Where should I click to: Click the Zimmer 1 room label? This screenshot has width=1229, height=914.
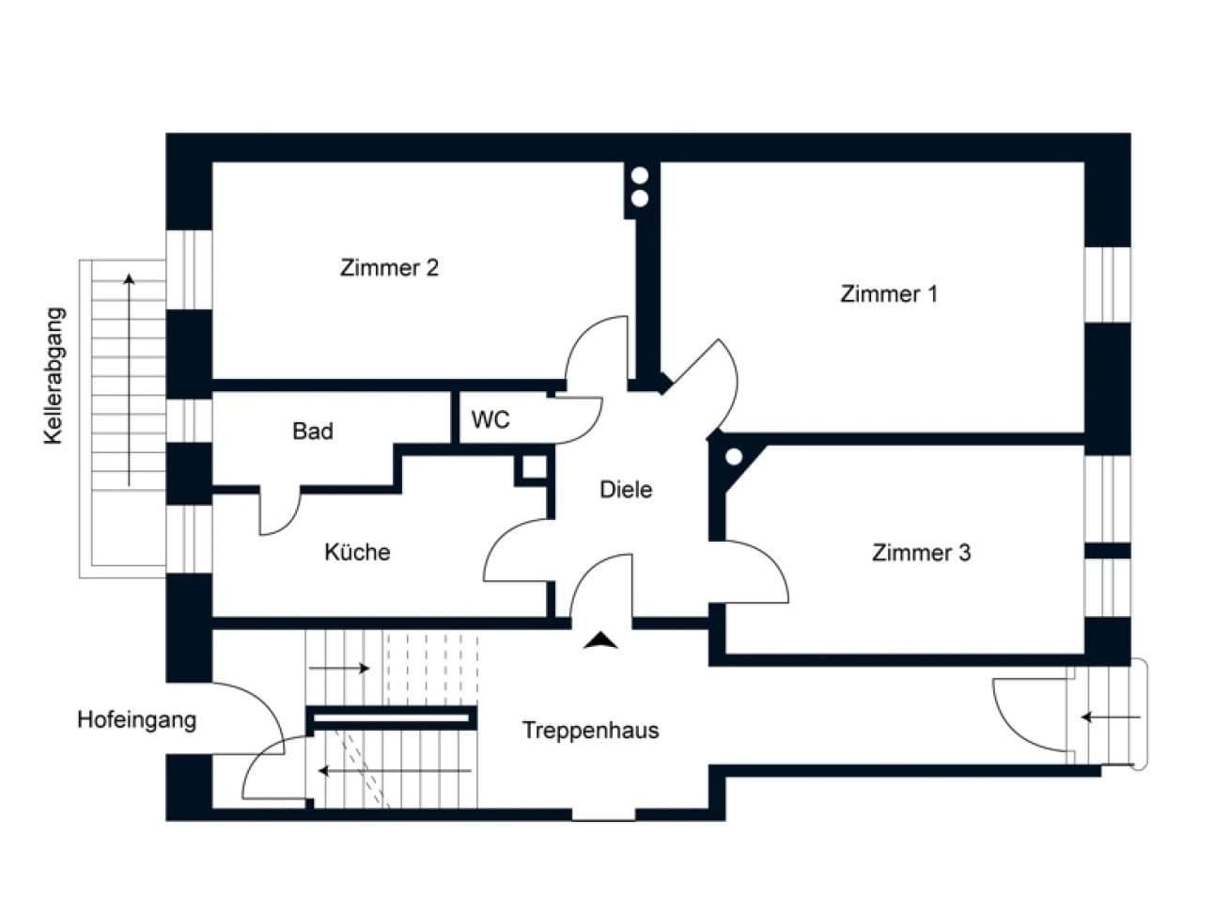[x=888, y=294]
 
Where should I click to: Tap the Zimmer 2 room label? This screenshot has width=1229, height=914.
[x=389, y=268]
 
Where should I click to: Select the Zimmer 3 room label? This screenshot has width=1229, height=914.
[x=921, y=553]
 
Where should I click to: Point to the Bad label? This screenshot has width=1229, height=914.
[x=313, y=432]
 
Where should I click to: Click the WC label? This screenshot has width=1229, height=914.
[x=490, y=420]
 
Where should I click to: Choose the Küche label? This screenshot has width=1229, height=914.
[x=357, y=552]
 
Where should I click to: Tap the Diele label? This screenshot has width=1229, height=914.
[x=626, y=490]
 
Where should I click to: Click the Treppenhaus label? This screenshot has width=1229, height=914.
[x=590, y=731]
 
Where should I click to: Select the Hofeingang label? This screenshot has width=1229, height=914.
[x=137, y=721]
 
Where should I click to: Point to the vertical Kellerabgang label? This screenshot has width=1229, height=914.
[x=54, y=376]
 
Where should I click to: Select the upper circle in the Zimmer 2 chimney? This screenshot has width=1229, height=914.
[x=640, y=176]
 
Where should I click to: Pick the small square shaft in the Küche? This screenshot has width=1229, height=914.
[x=533, y=468]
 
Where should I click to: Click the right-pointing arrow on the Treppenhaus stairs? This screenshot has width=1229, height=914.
[x=339, y=669]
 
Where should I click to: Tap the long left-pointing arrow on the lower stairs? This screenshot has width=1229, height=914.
[x=395, y=771]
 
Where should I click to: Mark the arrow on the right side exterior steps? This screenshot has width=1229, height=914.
[x=1110, y=717]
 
